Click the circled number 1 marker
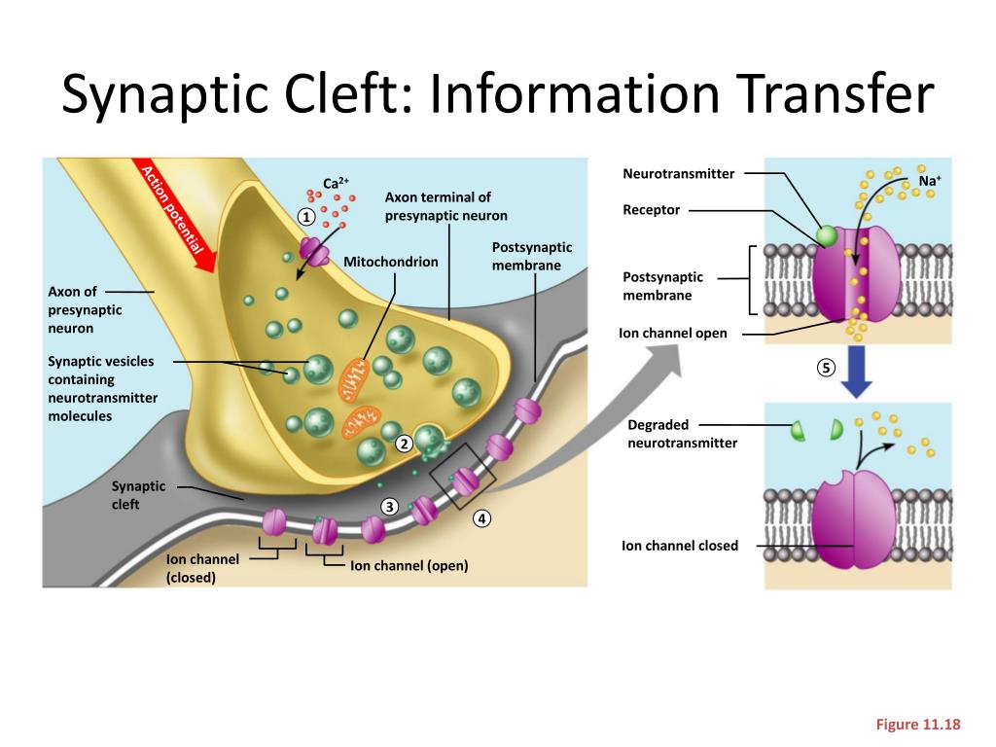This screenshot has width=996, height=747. tap(306, 217)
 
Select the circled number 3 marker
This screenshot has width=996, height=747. tap(389, 506)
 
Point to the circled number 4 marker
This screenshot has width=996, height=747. tap(481, 518)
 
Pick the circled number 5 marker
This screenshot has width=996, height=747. tap(826, 368)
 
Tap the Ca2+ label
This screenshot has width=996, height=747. tap(336, 183)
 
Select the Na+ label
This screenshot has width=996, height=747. tap(932, 181)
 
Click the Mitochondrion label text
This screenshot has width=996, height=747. tap(391, 262)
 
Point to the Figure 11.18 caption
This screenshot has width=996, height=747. tap(918, 724)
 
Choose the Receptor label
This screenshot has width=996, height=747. tap(651, 210)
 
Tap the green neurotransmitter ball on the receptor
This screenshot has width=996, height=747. tap(827, 235)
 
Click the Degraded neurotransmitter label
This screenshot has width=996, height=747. tap(682, 434)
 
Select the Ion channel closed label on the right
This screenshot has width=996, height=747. tap(680, 546)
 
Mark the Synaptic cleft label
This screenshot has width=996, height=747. tap(139, 494)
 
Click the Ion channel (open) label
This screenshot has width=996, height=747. tap(409, 565)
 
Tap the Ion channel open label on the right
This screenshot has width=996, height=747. tap(673, 334)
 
